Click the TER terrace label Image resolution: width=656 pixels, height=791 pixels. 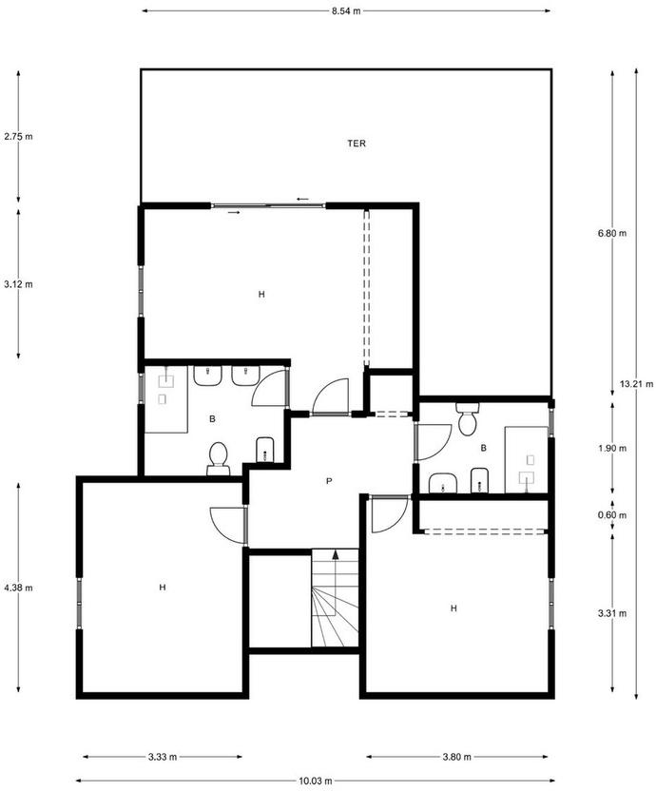(x=357, y=144)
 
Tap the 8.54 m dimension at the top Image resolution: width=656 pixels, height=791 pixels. (x=346, y=11)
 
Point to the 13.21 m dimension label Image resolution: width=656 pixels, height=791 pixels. (x=636, y=384)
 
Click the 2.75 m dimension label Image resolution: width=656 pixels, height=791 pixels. (x=18, y=136)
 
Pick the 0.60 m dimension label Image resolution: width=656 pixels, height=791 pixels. (x=612, y=515)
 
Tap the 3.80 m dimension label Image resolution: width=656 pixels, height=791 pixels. (x=456, y=757)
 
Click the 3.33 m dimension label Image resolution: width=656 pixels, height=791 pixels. (x=163, y=757)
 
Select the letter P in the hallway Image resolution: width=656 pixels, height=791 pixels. (x=329, y=481)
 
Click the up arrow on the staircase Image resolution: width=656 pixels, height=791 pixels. (x=335, y=554)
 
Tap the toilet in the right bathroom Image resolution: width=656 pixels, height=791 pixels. (x=467, y=418)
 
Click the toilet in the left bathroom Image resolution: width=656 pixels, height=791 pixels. (x=218, y=458)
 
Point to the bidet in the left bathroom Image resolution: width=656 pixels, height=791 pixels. (x=265, y=450)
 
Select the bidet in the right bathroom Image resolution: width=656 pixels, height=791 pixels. (x=479, y=480)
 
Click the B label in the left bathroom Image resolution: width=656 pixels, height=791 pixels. (x=212, y=418)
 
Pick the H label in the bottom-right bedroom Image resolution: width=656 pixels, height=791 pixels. (x=453, y=608)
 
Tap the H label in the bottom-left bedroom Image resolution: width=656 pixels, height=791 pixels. (x=163, y=588)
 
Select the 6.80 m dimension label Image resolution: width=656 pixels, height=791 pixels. (x=612, y=233)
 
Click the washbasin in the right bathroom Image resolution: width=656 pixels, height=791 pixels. (x=443, y=483)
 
